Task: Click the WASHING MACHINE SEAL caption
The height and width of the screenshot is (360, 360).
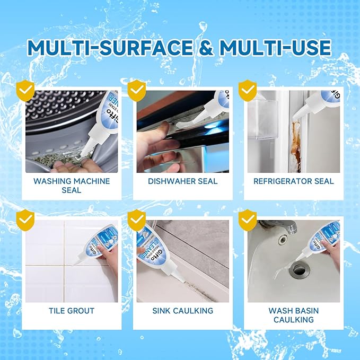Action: coord(72,186)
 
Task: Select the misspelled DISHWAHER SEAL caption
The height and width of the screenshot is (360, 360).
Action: coord(183,181)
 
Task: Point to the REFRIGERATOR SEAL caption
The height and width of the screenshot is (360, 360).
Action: coord(293,181)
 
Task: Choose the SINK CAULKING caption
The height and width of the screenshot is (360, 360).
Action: coord(183,311)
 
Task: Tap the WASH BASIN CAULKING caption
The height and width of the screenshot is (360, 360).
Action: coord(293,315)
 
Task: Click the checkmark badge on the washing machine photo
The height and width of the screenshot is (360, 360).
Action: coord(25,91)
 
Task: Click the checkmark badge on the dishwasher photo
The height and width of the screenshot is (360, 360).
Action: coord(137,91)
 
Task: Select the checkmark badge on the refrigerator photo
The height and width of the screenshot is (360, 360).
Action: coord(247,91)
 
